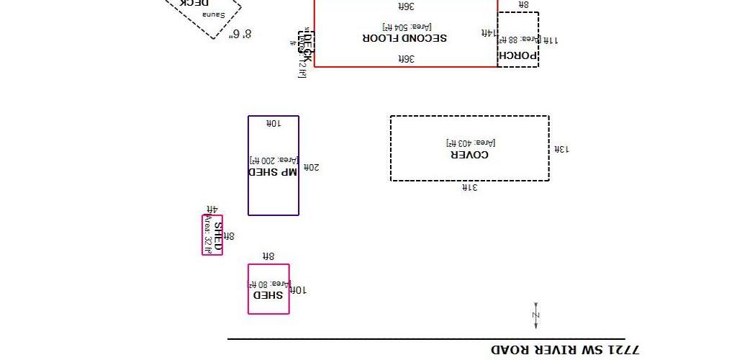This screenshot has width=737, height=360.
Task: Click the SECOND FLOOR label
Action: (x=405, y=37)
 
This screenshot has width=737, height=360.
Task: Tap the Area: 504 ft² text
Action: (x=405, y=27)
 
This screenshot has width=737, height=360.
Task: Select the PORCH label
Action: (x=518, y=55)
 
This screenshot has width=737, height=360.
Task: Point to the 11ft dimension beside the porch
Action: (x=549, y=40)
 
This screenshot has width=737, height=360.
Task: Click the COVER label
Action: (x=469, y=154)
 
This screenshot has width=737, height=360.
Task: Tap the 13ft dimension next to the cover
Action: (x=561, y=149)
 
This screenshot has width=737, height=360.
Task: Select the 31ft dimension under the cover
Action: (x=469, y=187)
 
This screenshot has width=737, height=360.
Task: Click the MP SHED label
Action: (x=273, y=172)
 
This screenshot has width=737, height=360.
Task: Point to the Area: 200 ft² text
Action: (x=273, y=160)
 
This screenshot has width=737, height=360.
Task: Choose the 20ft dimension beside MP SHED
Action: (x=311, y=167)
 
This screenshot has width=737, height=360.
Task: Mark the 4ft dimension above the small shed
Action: (x=212, y=209)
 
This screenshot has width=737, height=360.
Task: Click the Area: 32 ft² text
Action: (x=209, y=235)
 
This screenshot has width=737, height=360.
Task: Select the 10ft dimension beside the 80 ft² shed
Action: (x=298, y=289)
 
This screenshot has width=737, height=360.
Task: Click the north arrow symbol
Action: (x=535, y=315)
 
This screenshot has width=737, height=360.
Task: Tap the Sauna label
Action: (x=214, y=14)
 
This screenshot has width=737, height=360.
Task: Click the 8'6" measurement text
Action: (x=240, y=34)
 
